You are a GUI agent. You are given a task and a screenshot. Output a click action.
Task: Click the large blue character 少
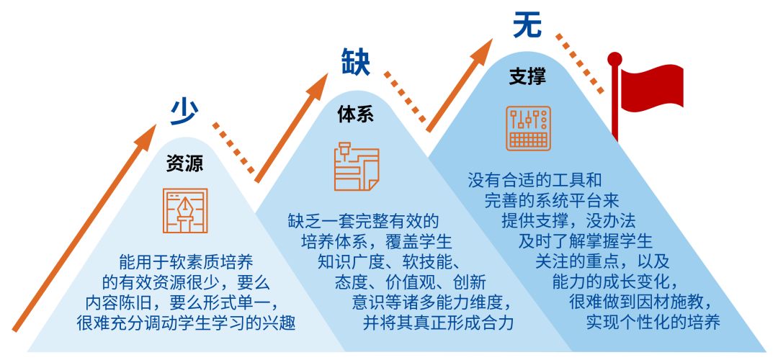click(x=184, y=112)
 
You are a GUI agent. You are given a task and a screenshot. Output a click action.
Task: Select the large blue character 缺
click(x=355, y=62)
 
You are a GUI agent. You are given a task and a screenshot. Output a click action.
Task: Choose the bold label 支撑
click(x=527, y=76)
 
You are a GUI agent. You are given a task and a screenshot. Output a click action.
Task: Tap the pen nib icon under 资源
click(x=185, y=210)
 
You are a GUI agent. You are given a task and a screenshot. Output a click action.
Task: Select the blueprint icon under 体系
click(x=356, y=166)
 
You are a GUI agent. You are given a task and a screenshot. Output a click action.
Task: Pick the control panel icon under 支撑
click(x=528, y=128)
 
